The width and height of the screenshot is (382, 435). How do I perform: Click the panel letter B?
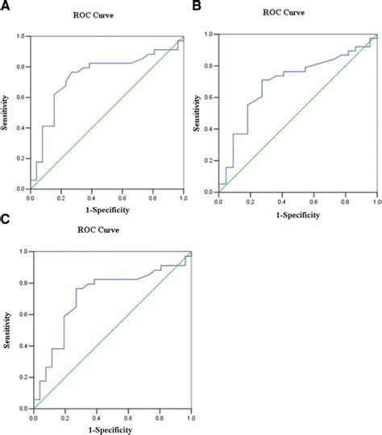196,6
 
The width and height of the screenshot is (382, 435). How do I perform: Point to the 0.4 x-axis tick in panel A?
91,197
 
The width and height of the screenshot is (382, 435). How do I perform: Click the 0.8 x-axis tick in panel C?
160,417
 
